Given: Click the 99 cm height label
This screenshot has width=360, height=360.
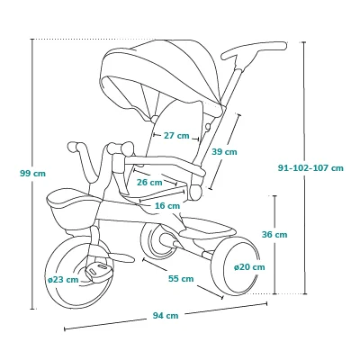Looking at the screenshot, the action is click(32, 174).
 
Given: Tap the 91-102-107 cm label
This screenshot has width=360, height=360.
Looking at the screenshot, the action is click(310, 168).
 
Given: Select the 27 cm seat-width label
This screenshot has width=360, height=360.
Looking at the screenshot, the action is click(176, 136).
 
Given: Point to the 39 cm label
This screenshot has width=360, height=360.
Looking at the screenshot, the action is click(224, 152).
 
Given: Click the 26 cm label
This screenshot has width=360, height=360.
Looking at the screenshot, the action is click(149, 183).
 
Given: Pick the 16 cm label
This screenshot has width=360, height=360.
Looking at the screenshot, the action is click(167, 206).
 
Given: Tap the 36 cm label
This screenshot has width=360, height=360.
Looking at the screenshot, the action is click(274, 234).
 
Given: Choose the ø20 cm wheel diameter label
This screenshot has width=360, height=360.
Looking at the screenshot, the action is click(249, 267).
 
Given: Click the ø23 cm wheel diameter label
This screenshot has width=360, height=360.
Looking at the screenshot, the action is click(63, 280).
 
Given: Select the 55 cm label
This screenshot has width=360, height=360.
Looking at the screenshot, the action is click(181, 279).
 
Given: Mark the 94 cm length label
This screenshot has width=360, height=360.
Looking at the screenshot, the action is click(166, 316).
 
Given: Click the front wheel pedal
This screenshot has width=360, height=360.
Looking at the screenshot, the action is click(97, 269).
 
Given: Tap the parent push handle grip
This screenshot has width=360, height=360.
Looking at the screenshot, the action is click(254, 50).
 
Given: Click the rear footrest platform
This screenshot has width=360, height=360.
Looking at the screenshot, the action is click(210, 229).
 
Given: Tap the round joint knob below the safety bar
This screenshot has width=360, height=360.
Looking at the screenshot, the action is click(195, 193).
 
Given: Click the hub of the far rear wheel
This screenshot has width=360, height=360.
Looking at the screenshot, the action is click(166, 240).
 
